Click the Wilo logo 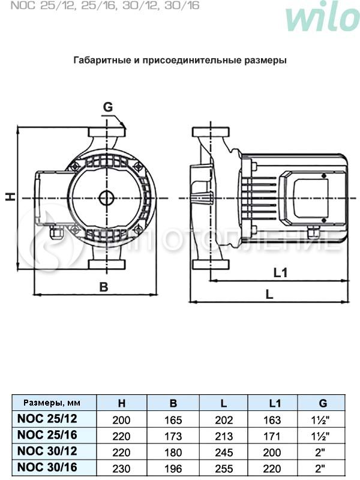(x=322, y=18)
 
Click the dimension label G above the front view (x=107, y=107)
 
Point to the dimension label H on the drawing (x=10, y=196)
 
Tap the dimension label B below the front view (x=103, y=287)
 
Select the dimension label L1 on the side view (x=281, y=273)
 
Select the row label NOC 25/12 (x=48, y=419)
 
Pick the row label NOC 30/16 (x=48, y=465)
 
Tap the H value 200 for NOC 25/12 (x=122, y=421)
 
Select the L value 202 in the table (x=224, y=421)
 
